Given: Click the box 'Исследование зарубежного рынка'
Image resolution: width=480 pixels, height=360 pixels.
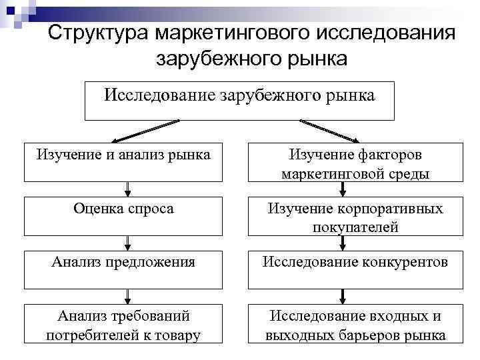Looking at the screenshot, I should tap(239, 101).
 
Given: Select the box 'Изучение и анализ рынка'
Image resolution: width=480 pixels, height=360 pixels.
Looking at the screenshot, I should tap(123, 162).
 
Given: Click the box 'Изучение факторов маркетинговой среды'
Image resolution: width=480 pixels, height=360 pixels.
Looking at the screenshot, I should tap(355, 162).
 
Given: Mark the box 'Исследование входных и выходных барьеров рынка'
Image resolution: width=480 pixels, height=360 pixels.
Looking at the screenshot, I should tap(355, 324).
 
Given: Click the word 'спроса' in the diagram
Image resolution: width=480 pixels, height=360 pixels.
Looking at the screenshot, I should tap(151, 209).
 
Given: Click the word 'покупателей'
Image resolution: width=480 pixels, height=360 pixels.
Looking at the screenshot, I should tap(355, 227).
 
